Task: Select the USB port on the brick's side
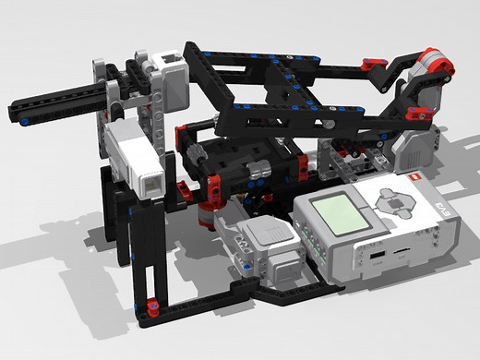(x=378, y=253)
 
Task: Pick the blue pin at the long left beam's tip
(x=19, y=119)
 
